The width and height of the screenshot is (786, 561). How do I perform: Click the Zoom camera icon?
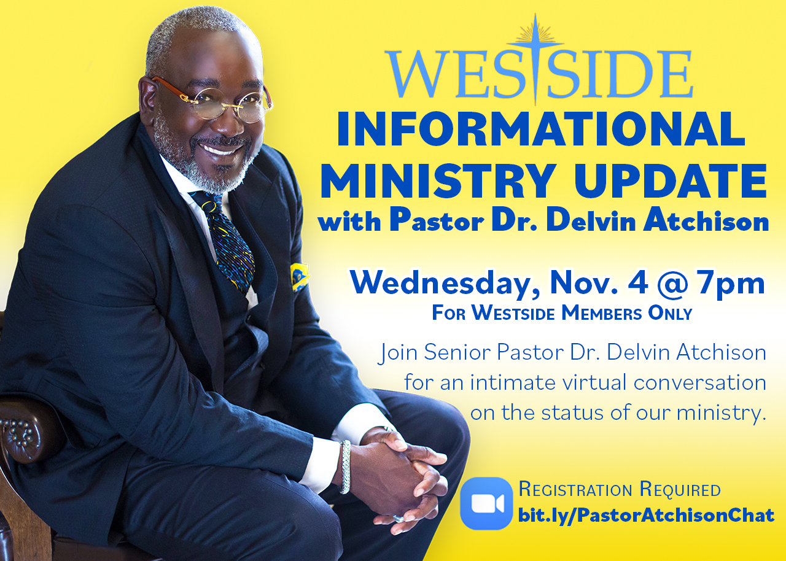click(x=486, y=503)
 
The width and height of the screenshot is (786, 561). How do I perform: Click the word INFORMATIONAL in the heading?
click(x=541, y=129)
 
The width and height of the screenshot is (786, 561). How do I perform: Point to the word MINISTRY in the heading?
click(x=438, y=181)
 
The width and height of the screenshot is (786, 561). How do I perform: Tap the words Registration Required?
click(x=620, y=489)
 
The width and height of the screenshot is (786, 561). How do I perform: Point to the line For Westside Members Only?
click(x=562, y=313)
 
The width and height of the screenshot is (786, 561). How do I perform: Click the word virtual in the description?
click(x=594, y=382)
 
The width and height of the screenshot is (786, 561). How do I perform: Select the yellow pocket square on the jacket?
click(x=299, y=277)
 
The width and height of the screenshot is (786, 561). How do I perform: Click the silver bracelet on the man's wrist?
click(x=345, y=467)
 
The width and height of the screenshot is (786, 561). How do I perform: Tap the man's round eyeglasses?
click(x=214, y=102)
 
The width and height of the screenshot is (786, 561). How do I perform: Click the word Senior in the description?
click(x=456, y=352)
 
